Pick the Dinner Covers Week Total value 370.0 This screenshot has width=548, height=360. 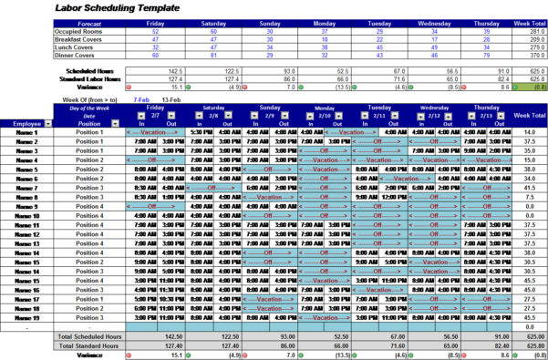528,54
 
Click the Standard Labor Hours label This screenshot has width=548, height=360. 94,79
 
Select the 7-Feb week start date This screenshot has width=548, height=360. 142,98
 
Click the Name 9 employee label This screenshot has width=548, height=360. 27,206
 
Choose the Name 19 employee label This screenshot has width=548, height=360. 27,317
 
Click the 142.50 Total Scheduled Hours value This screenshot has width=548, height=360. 171,336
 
